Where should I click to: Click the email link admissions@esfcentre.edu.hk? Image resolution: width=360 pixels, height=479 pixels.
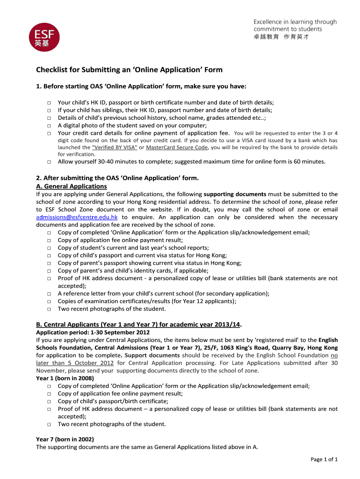pyautogui.click(x=77, y=217)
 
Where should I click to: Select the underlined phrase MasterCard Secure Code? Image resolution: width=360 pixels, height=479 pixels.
pyautogui.click(x=177, y=147)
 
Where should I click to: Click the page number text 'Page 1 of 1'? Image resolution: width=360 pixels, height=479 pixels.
pyautogui.click(x=324, y=459)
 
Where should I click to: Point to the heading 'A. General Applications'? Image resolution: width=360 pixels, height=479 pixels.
pyautogui.click(x=72, y=186)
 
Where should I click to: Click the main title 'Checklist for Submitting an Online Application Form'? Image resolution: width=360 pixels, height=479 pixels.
pyautogui.click(x=130, y=70)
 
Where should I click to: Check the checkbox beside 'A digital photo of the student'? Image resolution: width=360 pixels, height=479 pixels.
pyautogui.click(x=49, y=126)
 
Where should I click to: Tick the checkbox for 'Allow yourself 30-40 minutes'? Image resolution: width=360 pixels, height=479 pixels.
pyautogui.click(x=49, y=162)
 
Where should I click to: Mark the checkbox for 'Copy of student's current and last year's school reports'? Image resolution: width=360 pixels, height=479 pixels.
pyautogui.click(x=49, y=248)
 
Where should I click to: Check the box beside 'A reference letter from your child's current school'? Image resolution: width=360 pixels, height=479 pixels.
pyautogui.click(x=49, y=294)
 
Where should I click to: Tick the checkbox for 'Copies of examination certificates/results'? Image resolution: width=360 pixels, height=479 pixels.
pyautogui.click(x=49, y=302)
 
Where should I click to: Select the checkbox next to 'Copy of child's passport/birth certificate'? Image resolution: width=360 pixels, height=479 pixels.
pyautogui.click(x=49, y=401)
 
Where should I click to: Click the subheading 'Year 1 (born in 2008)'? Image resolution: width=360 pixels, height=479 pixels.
pyautogui.click(x=65, y=378)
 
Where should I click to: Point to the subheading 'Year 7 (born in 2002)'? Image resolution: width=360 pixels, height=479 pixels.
pyautogui.click(x=65, y=439)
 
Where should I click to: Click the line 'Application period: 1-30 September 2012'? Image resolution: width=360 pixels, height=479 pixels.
pyautogui.click(x=93, y=333)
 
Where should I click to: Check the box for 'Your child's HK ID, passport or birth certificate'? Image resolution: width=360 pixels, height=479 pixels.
pyautogui.click(x=49, y=103)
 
